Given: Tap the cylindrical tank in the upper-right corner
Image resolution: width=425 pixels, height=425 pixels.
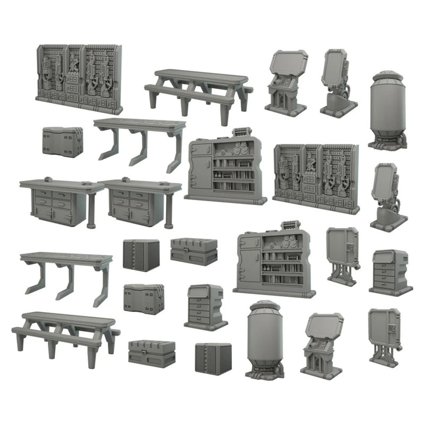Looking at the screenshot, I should [x=388, y=109].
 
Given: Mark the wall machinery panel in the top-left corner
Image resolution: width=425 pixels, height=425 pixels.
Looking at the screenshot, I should [x=79, y=79].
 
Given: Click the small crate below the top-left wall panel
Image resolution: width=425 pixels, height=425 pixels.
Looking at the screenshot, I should [x=63, y=141].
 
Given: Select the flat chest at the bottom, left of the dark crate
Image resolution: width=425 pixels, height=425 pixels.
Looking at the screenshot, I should [x=151, y=353].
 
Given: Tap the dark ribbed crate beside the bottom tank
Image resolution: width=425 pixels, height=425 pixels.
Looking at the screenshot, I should [x=213, y=359].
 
